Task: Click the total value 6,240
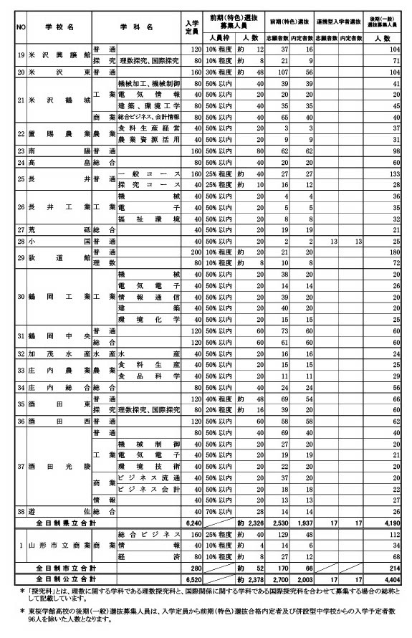(x=192, y=523)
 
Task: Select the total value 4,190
(x=388, y=523)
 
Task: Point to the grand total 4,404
(x=388, y=576)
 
